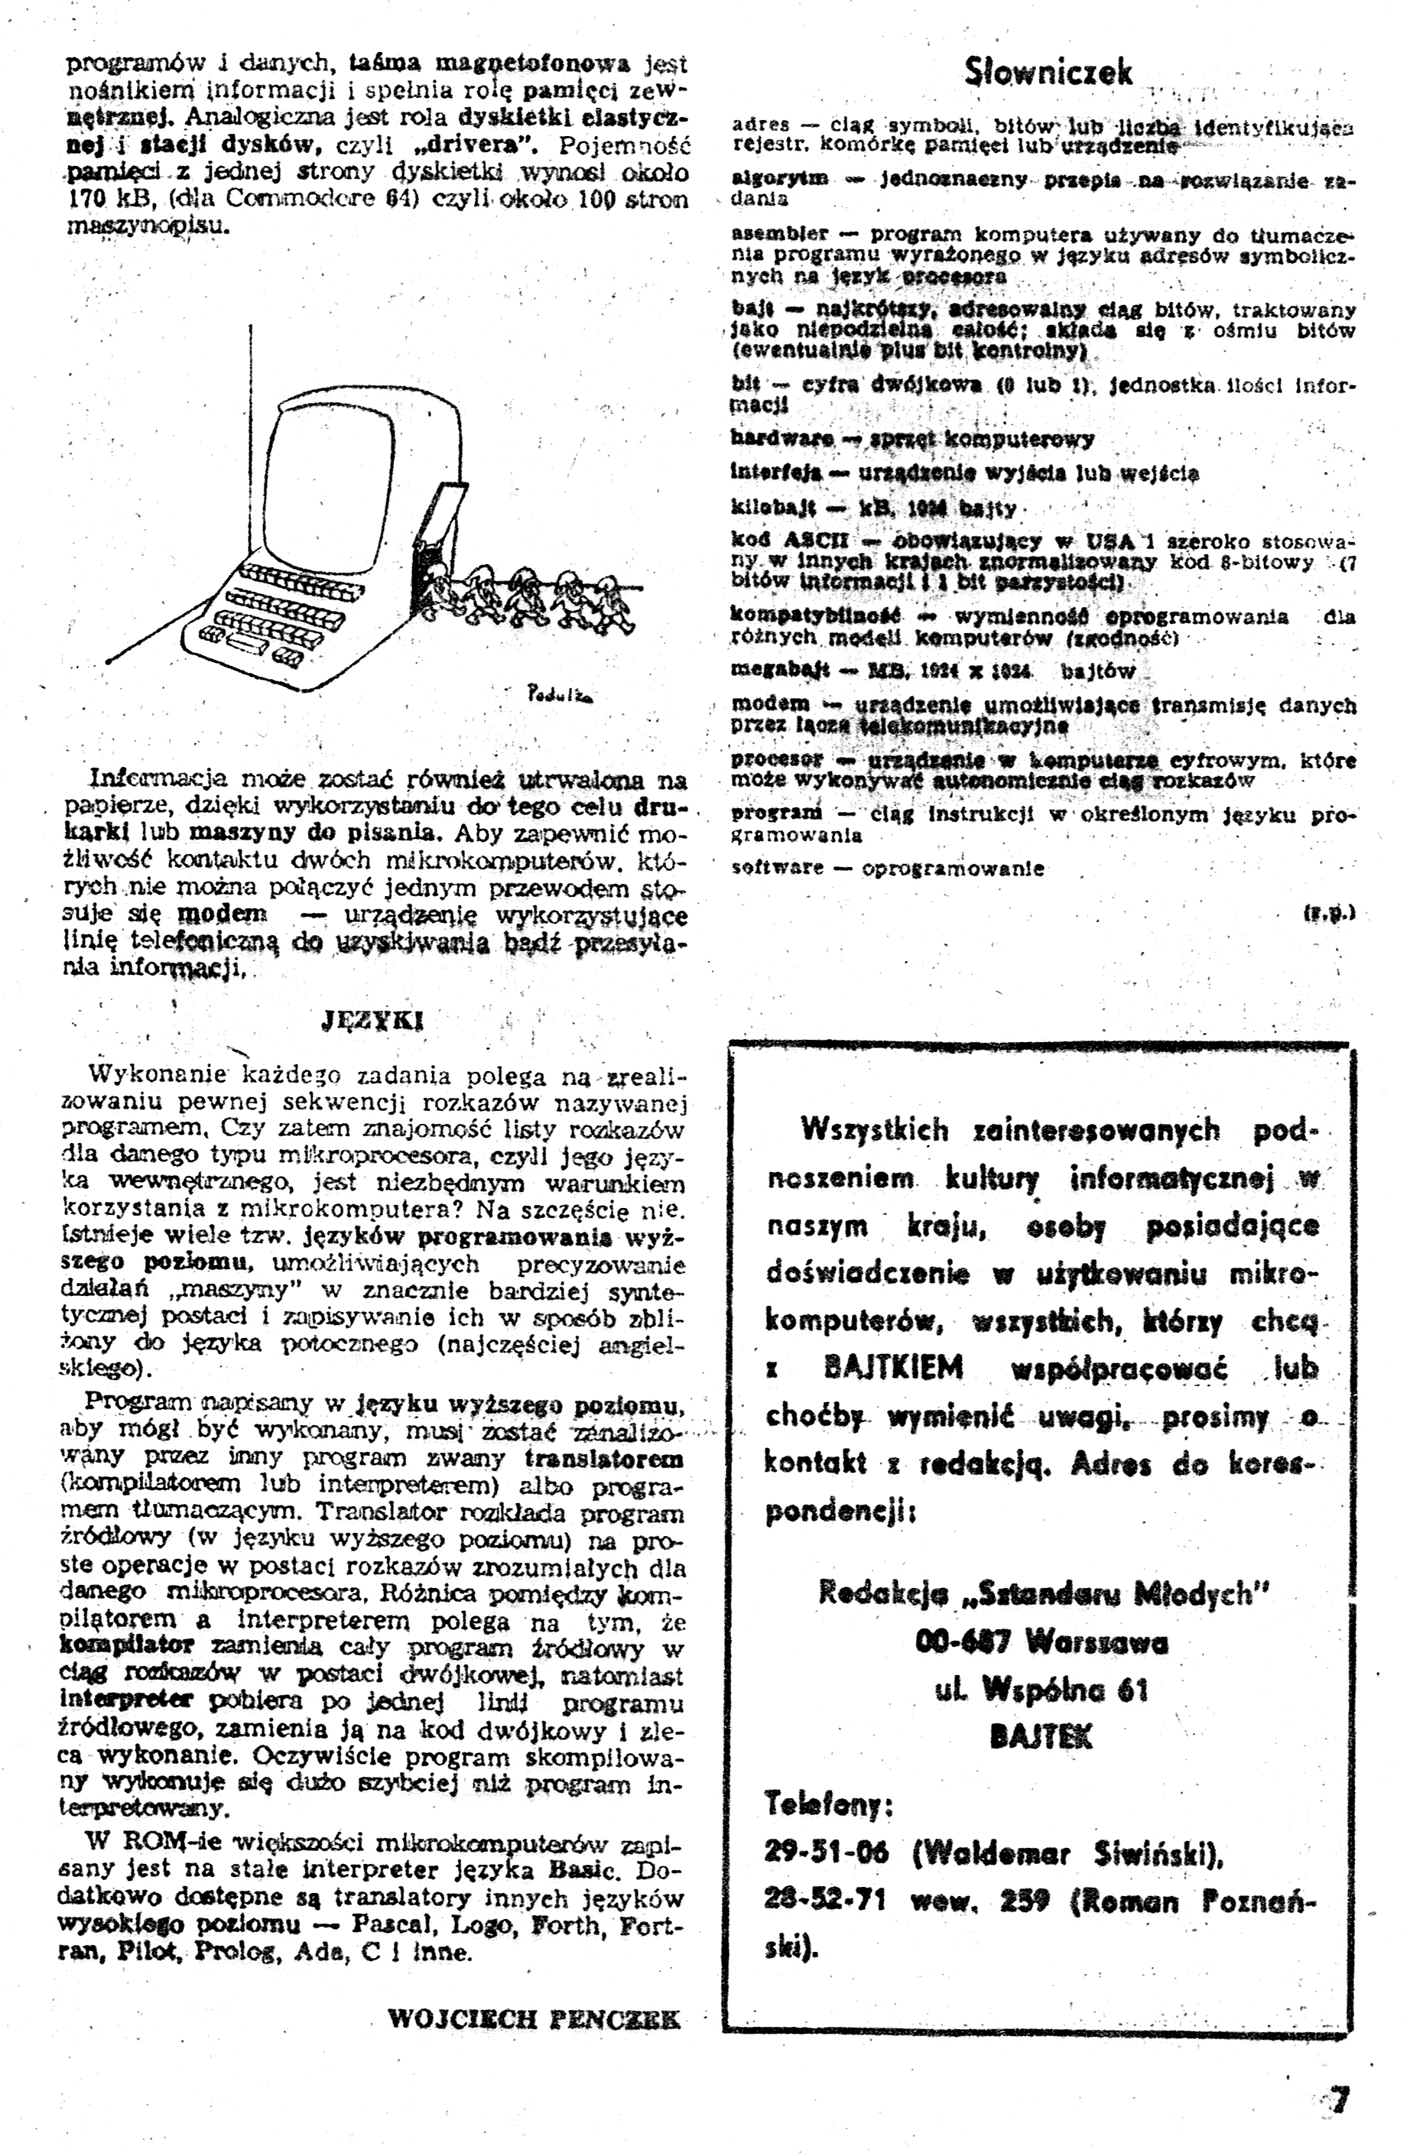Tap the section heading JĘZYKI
(372, 1021)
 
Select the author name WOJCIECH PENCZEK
(533, 2018)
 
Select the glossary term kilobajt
(774, 508)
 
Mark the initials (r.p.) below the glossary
(1328, 914)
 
